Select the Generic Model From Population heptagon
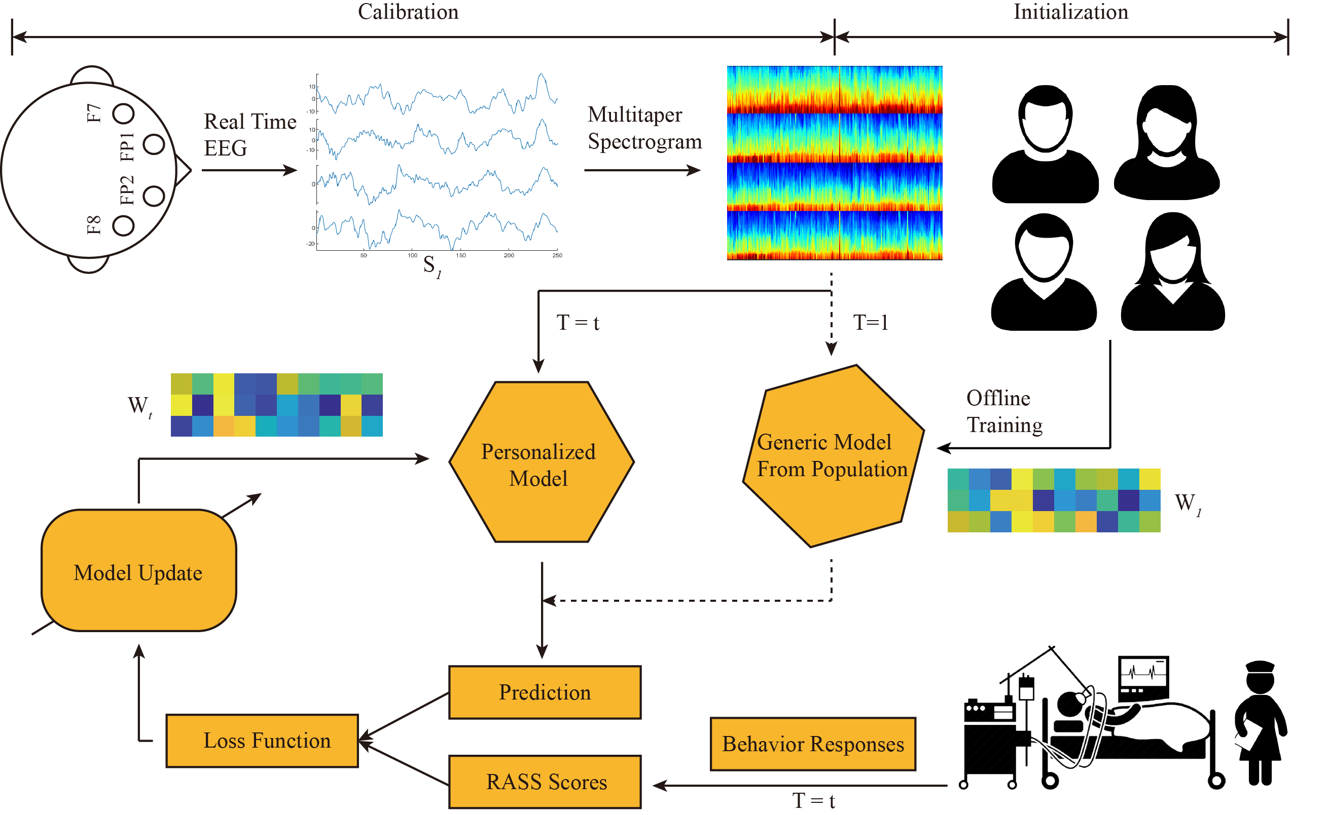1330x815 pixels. click(834, 458)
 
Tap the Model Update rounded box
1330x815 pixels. click(139, 572)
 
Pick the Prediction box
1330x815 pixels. click(545, 693)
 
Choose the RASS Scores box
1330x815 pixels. click(545, 783)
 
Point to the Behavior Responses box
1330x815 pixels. click(813, 745)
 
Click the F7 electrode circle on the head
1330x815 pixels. click(124, 113)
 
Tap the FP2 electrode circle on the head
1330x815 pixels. click(154, 196)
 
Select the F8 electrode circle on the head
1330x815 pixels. click(124, 225)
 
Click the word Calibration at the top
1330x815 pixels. click(409, 12)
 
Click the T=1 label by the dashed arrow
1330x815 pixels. click(871, 323)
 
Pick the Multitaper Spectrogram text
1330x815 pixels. click(644, 128)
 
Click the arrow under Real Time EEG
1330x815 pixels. click(249, 170)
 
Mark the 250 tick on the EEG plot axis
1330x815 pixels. click(558, 256)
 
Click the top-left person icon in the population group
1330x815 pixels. click(1046, 144)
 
